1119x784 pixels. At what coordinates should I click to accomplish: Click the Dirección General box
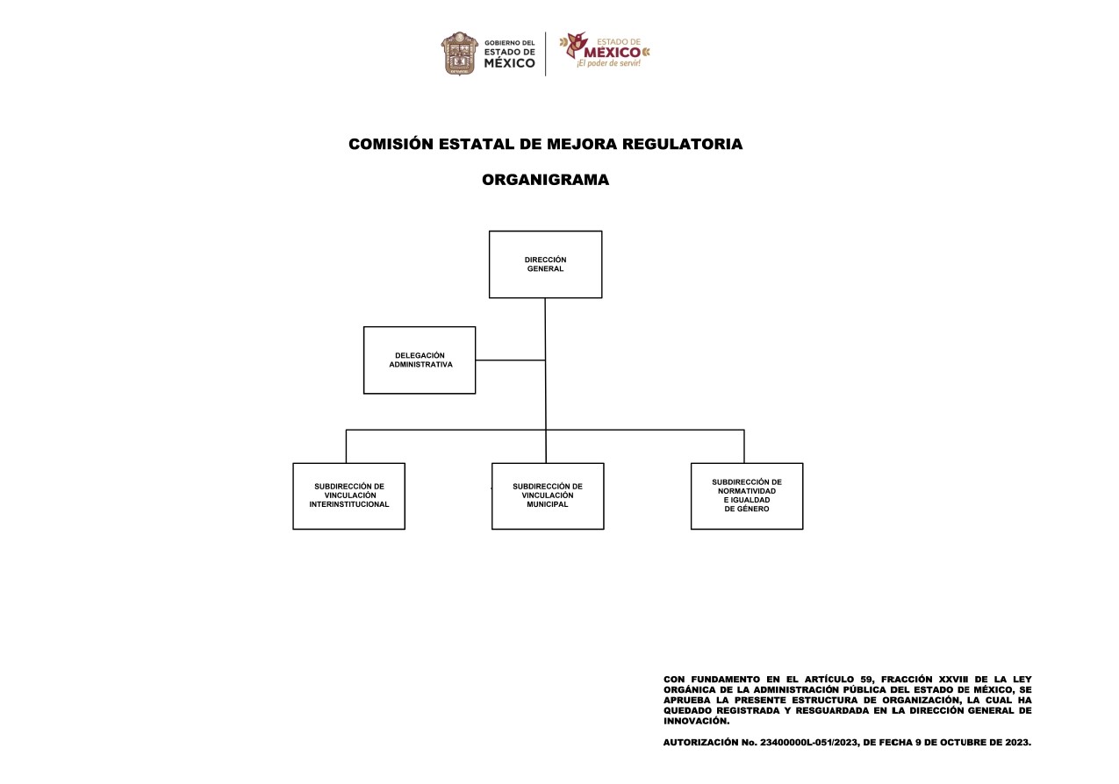(x=545, y=265)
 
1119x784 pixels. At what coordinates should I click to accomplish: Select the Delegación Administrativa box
(x=420, y=360)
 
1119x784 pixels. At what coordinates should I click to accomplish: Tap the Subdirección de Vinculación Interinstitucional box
(x=348, y=496)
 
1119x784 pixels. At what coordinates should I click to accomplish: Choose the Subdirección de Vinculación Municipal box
(x=548, y=496)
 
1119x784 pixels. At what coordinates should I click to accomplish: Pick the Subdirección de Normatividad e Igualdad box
(x=747, y=496)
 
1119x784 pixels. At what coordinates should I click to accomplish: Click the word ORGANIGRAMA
(x=546, y=180)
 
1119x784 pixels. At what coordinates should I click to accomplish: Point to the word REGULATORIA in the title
(x=683, y=144)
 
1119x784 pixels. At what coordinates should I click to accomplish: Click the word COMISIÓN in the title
(x=391, y=144)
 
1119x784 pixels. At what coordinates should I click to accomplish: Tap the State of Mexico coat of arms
(x=460, y=53)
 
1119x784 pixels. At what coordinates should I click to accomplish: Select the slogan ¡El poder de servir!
(x=608, y=63)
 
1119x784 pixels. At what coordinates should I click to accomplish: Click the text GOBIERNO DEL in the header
(x=510, y=43)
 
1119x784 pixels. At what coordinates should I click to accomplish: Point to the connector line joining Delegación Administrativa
(x=510, y=360)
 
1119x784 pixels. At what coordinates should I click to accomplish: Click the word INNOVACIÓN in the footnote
(x=696, y=721)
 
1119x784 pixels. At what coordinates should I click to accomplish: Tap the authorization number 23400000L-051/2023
(x=809, y=743)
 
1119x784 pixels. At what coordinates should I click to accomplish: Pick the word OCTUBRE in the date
(x=962, y=743)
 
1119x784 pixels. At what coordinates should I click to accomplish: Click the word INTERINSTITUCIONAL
(x=349, y=504)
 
